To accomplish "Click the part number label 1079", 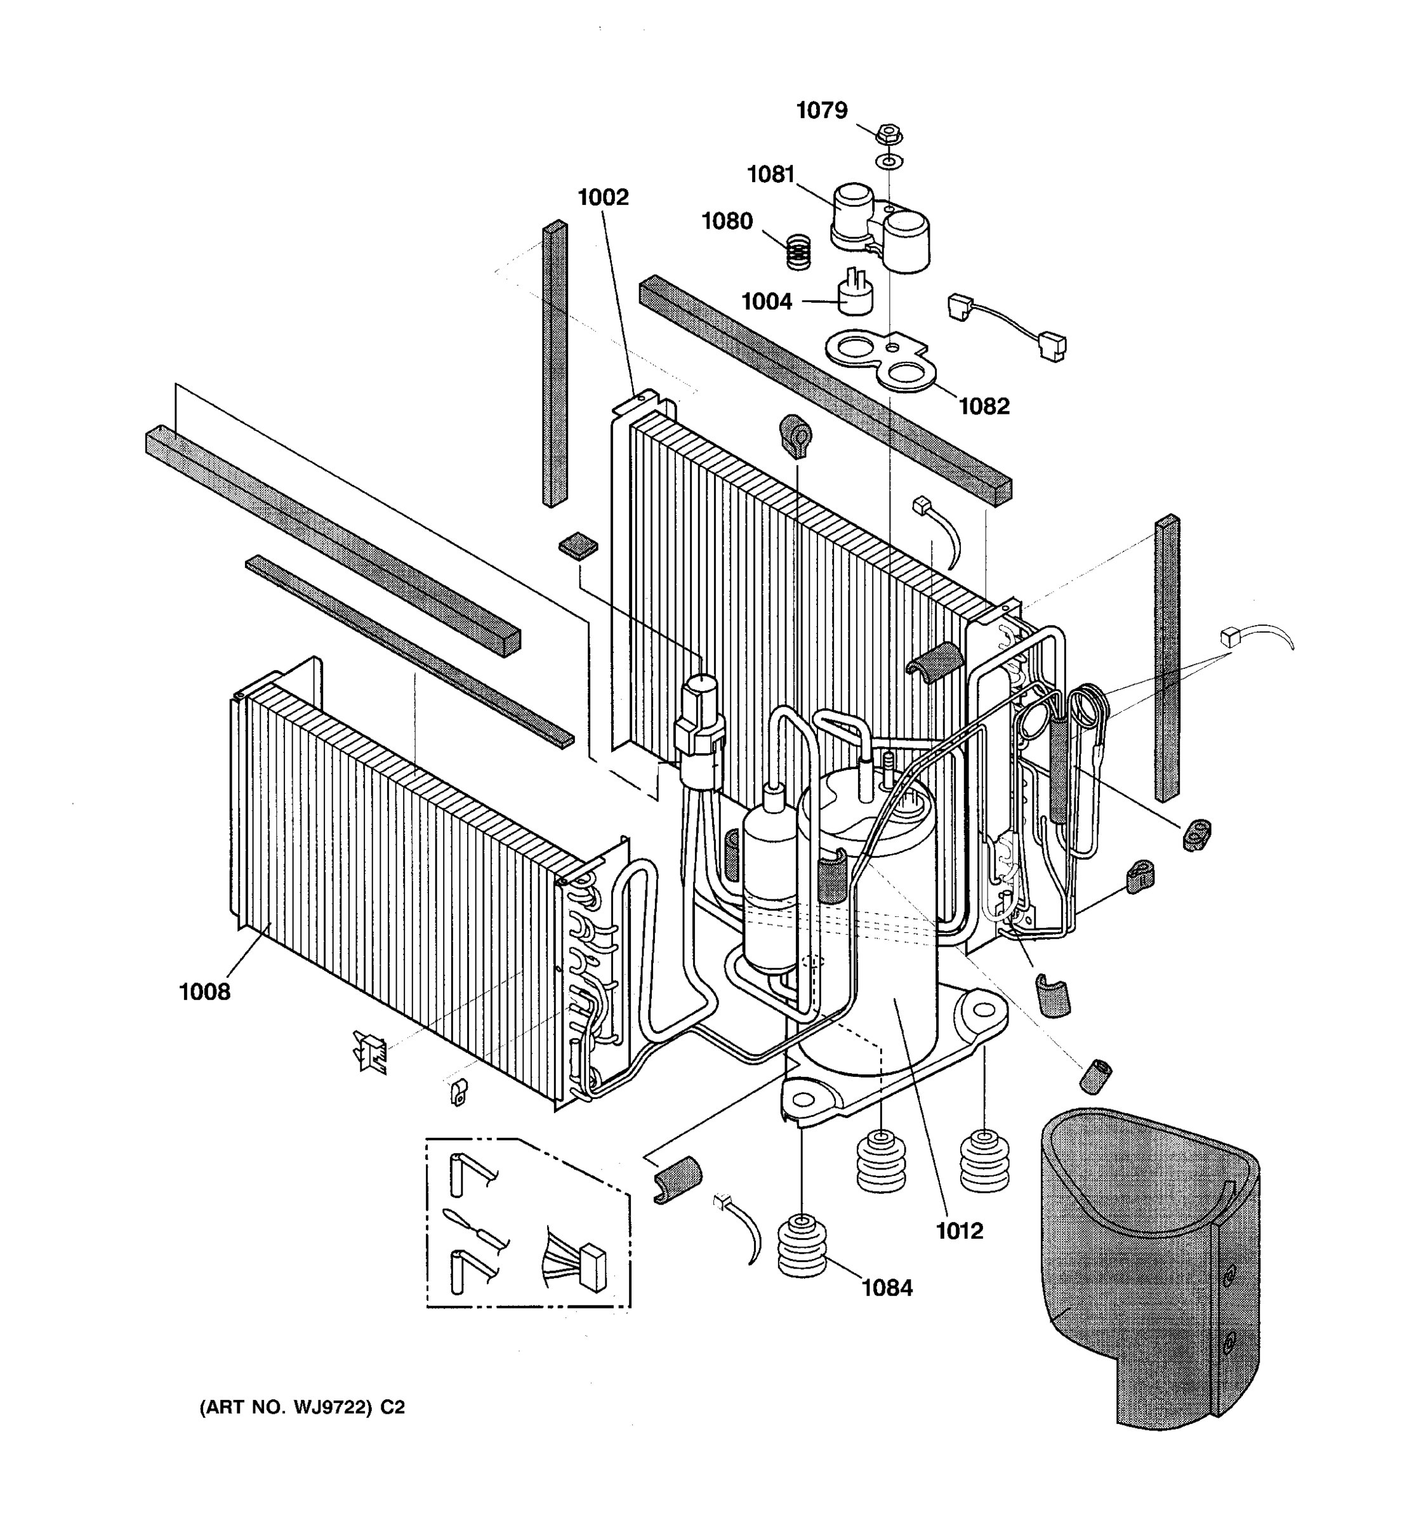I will [x=821, y=111].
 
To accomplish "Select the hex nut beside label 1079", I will [x=889, y=135].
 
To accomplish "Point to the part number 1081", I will [x=770, y=175].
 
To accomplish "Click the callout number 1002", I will [x=602, y=197].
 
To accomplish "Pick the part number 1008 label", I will [x=204, y=992].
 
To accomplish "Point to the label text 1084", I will [x=887, y=1288].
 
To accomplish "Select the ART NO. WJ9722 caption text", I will [x=302, y=1408].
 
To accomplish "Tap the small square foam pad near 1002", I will [x=578, y=546].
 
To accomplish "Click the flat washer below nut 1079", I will [x=889, y=162].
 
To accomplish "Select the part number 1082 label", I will [x=984, y=406].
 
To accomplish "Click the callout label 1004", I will [x=766, y=302].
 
